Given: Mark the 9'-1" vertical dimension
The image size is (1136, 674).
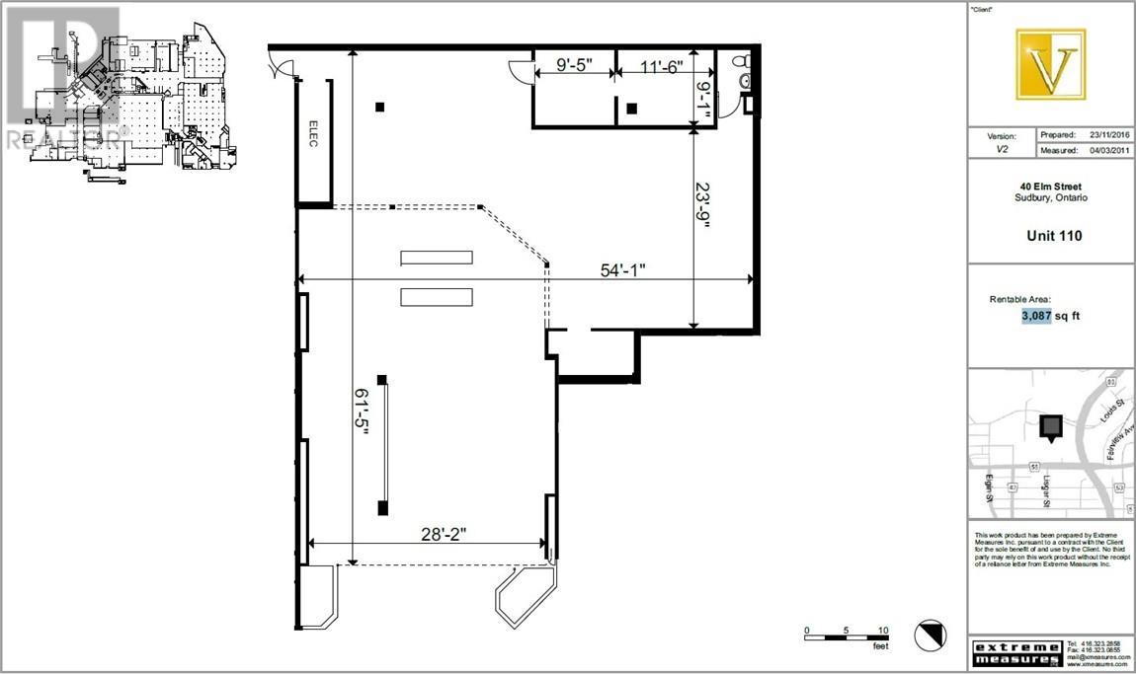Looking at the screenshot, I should pos(703,101).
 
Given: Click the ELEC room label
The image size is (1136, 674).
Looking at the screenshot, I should pos(313,140).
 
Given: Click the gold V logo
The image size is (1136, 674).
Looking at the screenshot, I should pos(1051,65).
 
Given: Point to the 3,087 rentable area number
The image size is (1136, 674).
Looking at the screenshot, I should pos(1035,317).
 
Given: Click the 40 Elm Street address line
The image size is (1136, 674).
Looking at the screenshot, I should pos(1051,187).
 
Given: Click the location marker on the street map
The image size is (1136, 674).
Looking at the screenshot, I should pos(1051,427).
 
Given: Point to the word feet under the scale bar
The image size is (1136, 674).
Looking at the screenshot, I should pos(879,646).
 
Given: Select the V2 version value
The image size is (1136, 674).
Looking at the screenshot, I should pos(1002,151).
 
